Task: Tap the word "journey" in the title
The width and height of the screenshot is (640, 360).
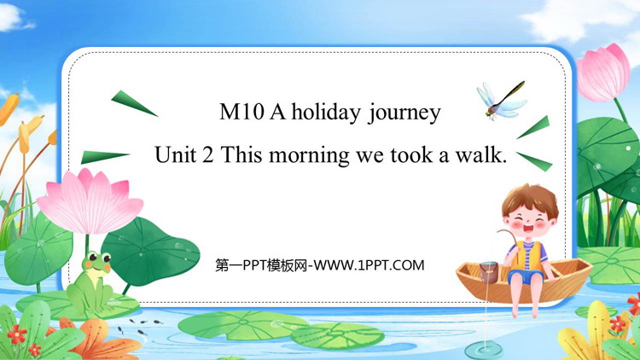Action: (x=404, y=113)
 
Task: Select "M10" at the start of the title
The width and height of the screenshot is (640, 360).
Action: (x=241, y=112)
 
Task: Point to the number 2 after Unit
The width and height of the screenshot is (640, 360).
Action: (x=207, y=155)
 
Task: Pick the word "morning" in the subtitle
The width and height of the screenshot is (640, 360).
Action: (x=309, y=156)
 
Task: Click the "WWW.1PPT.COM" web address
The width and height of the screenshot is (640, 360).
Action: (x=368, y=265)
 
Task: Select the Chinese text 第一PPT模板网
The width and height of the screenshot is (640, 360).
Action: (x=261, y=265)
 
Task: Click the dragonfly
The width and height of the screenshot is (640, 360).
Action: (x=501, y=101)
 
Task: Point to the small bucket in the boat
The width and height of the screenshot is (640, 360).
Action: (x=488, y=272)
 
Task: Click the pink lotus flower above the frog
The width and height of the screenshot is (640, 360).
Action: (x=90, y=201)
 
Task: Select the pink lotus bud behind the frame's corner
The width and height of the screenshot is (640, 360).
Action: (x=602, y=73)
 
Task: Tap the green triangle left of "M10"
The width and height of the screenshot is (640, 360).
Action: (x=133, y=103)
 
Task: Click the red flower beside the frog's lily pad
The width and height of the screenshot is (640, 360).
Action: (x=17, y=334)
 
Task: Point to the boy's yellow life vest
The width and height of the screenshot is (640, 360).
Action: (x=527, y=256)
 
